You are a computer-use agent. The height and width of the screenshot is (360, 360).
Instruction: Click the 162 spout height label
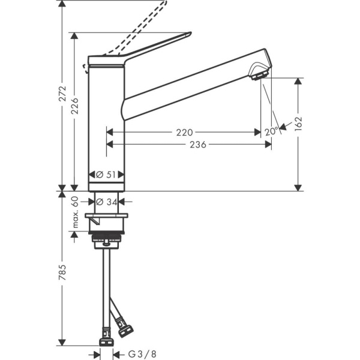coord(298,123)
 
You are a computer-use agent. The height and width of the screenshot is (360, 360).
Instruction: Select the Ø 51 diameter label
coord(107,175)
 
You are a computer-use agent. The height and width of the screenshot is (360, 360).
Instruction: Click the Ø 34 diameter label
coord(107,202)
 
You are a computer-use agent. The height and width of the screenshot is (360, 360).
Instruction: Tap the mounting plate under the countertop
coord(107,217)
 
